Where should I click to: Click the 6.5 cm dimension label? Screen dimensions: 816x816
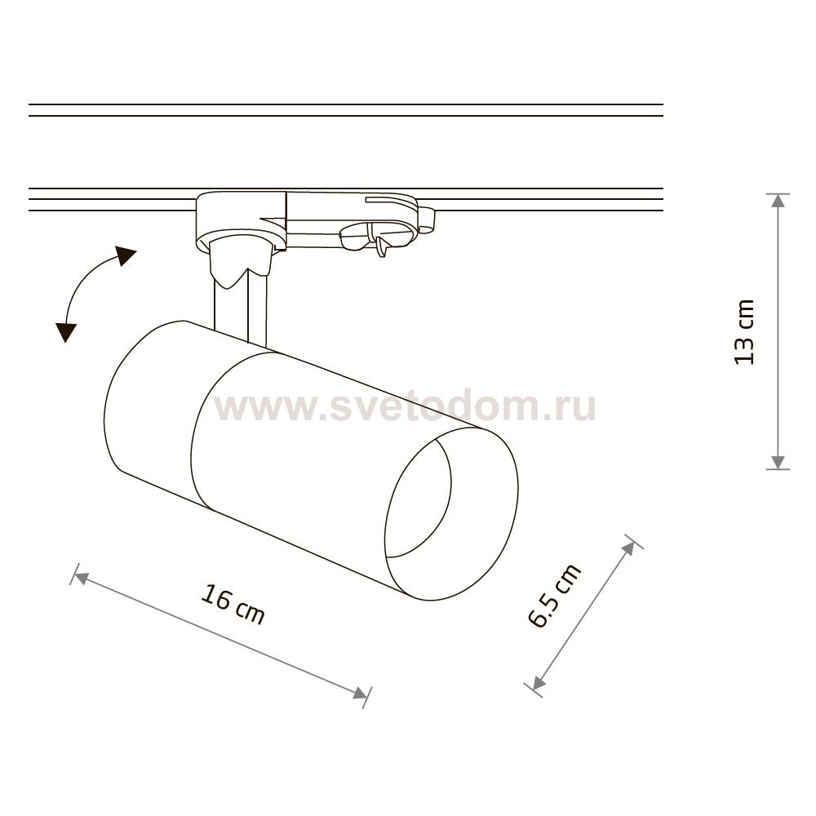555,596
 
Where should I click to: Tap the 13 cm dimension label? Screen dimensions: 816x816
744,331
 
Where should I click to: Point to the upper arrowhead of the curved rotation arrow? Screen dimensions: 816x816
125,256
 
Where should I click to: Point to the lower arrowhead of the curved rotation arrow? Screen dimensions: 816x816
65,331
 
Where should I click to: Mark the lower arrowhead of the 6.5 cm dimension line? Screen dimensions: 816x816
538,682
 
